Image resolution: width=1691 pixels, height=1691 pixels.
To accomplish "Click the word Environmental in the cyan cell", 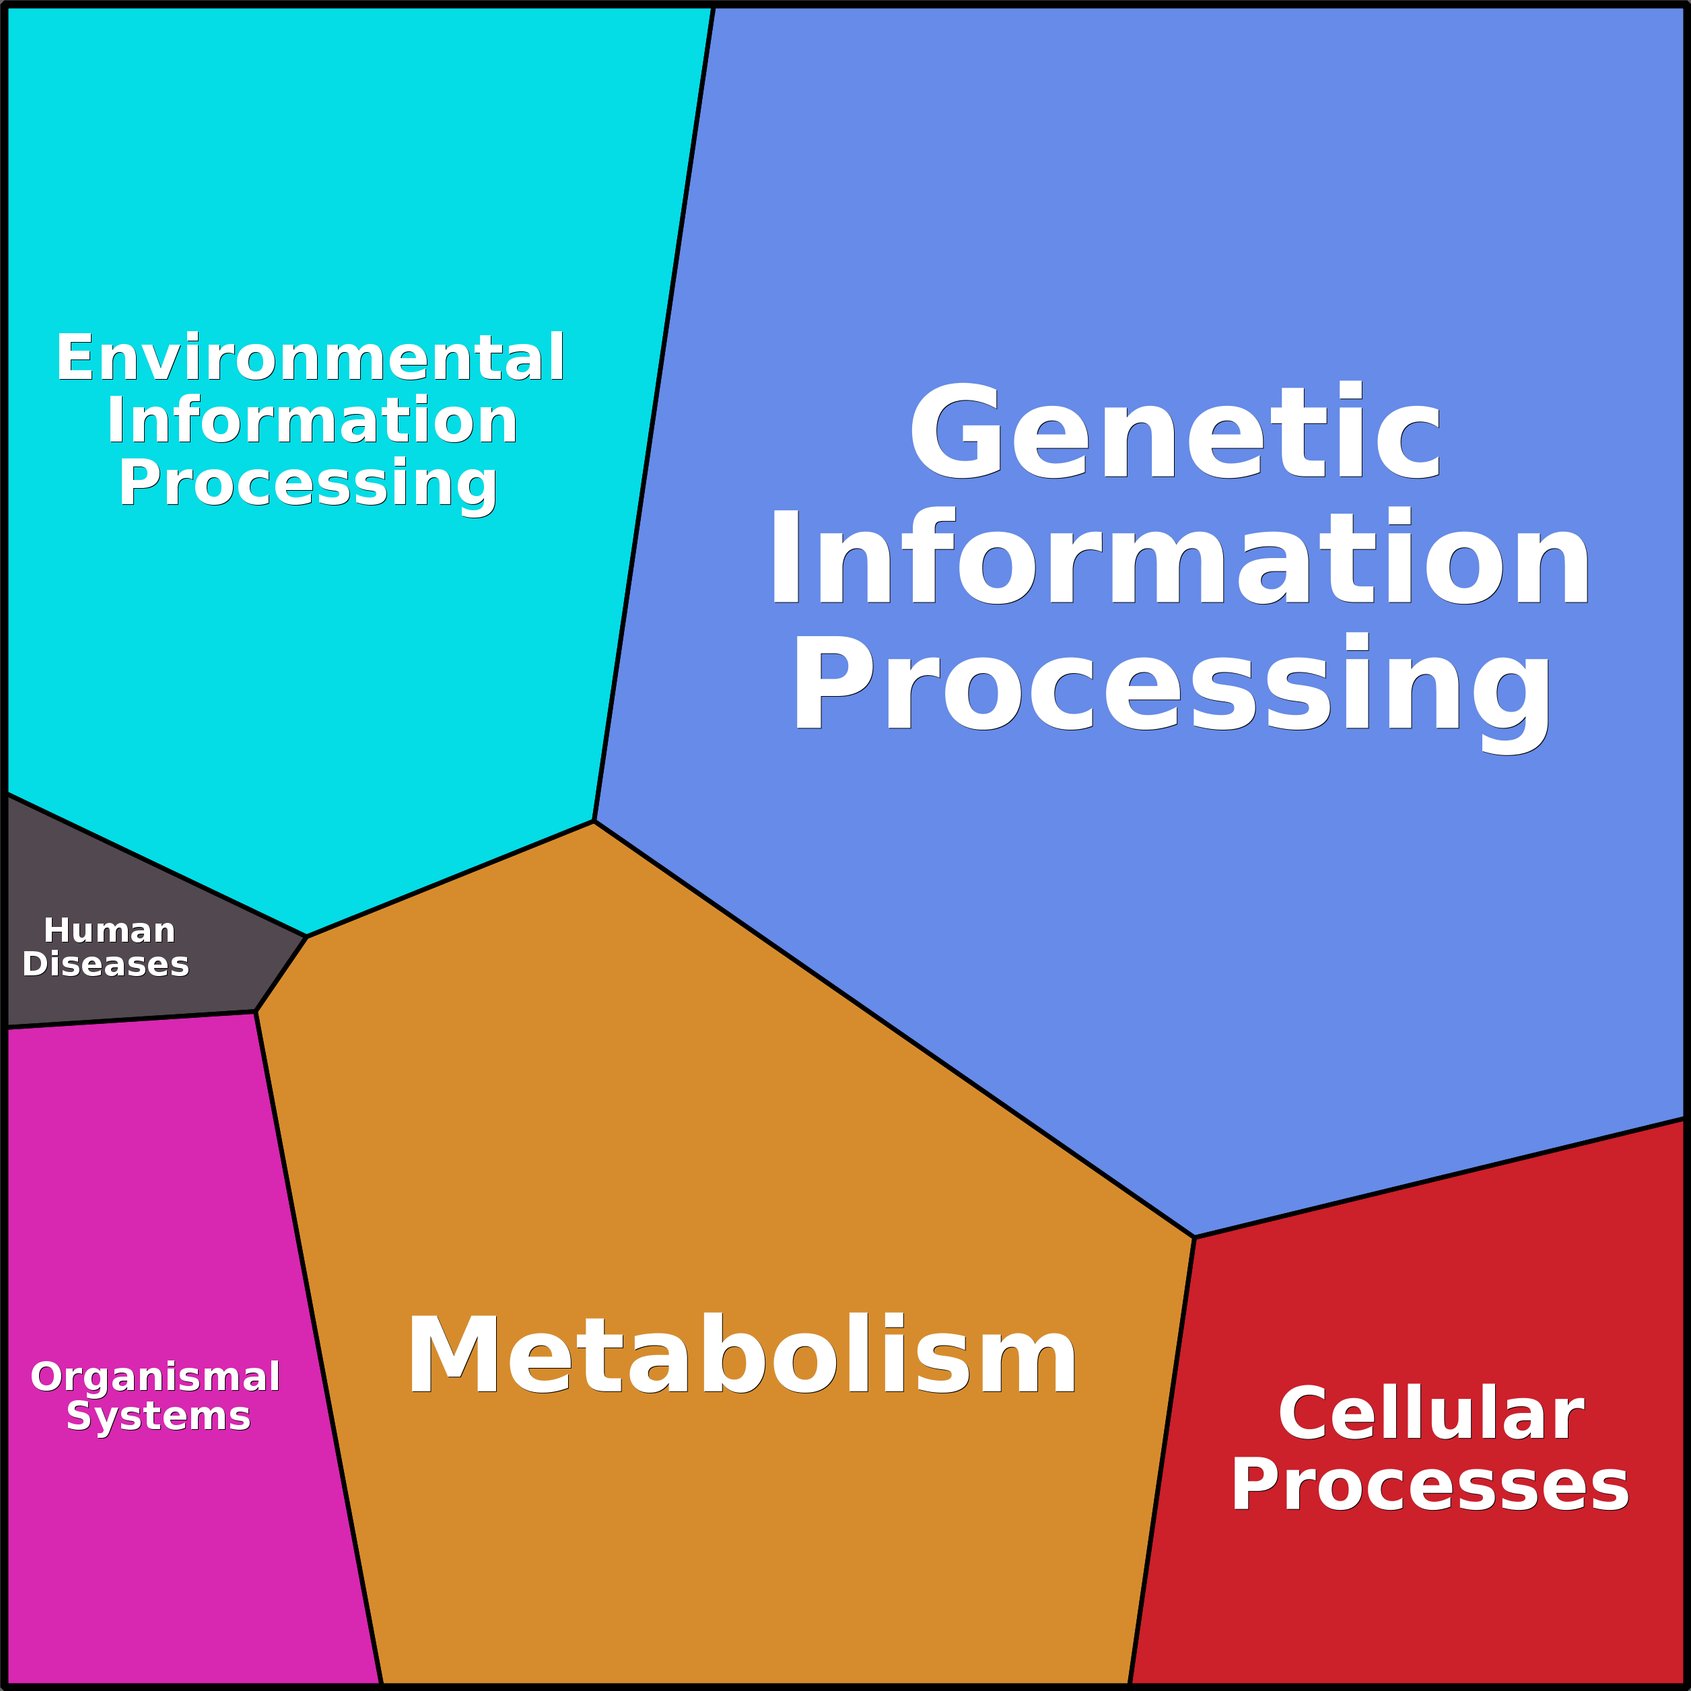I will pos(310,358).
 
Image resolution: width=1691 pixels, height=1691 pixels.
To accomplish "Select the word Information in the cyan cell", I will pos(312,421).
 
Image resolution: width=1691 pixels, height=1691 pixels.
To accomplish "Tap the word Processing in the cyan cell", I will pos(308,483).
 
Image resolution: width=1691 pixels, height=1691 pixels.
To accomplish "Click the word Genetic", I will pos(1175,432).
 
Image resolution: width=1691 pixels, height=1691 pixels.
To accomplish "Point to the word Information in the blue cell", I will pos(1179,559).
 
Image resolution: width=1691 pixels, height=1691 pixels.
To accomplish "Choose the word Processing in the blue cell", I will pos(1172,685).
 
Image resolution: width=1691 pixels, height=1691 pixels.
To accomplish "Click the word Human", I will pos(110,930).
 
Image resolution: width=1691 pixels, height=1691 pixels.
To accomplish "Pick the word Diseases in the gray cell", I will pos(106,964).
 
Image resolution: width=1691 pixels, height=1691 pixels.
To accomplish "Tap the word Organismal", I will pos(156,1376).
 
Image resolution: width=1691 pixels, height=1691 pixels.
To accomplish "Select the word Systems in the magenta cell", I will pos(158,1415).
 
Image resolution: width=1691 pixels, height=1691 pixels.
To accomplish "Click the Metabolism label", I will pos(741,1356).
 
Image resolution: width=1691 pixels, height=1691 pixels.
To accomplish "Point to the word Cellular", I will pos(1431,1414).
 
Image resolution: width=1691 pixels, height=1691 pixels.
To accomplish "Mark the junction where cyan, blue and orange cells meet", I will pos(594,821).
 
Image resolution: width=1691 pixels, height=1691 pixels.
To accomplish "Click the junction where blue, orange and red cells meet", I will pos(1194,1237).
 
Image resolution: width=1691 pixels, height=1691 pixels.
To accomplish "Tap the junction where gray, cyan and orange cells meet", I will pos(307,936).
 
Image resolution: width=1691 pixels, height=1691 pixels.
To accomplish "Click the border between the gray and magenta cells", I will pos(131,1020).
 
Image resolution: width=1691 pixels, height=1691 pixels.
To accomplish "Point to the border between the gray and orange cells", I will pos(281,974).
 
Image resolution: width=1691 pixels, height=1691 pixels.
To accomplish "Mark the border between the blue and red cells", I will pos(1440,1178).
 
